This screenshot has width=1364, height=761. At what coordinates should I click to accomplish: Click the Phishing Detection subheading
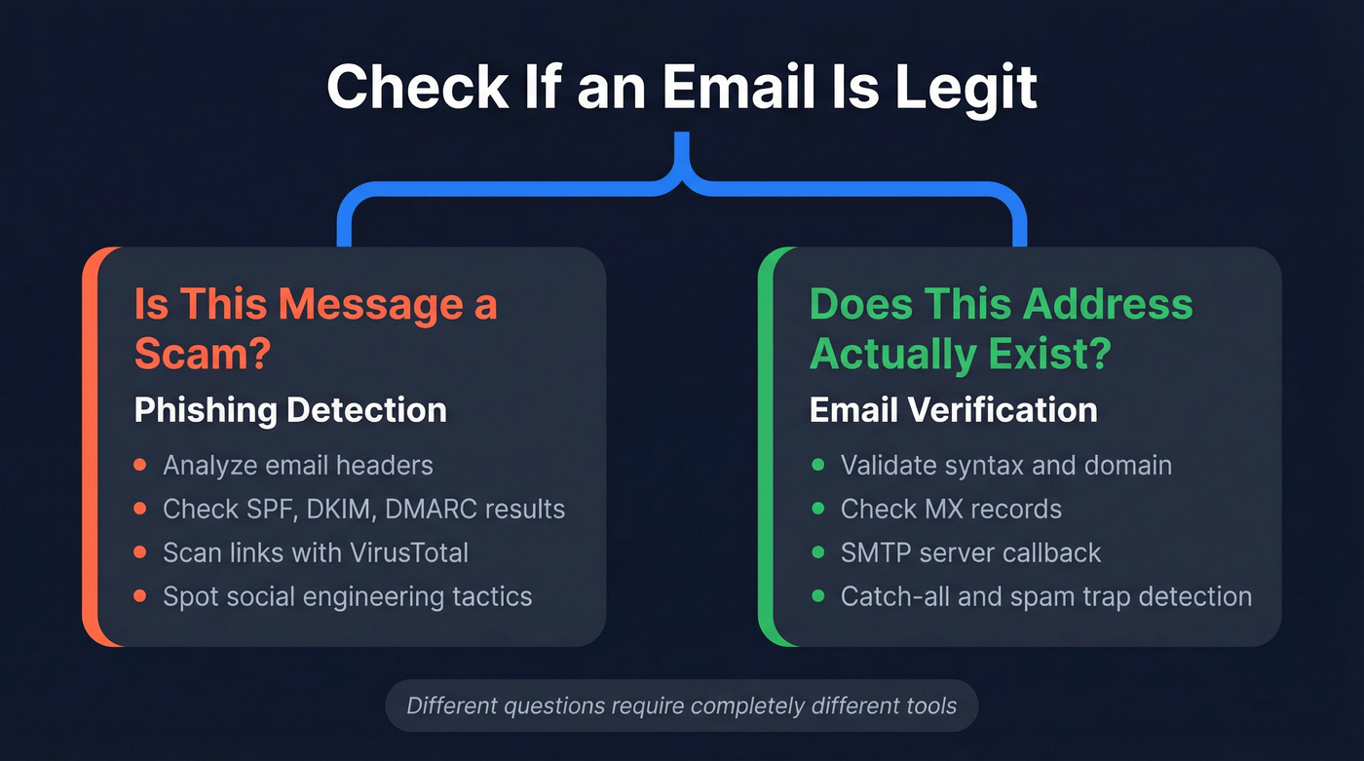pos(290,410)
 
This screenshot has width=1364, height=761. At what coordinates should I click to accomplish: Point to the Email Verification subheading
pos(953,410)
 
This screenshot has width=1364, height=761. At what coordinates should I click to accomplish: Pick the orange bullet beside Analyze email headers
pos(141,465)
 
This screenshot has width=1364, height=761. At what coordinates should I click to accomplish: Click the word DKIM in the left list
pos(357,509)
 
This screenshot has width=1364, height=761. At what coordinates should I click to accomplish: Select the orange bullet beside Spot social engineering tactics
pos(141,595)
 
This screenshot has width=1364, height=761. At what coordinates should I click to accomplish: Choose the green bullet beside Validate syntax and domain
pos(817,465)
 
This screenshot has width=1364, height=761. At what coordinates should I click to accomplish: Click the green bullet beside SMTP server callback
pos(817,552)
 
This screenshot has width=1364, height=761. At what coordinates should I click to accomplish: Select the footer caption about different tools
pos(681,705)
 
